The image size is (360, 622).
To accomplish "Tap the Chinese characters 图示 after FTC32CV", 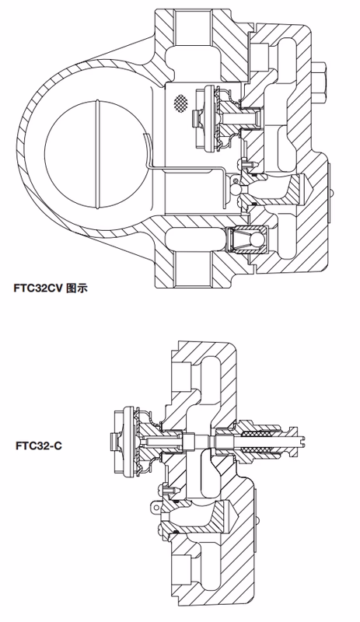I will click(x=79, y=287).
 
